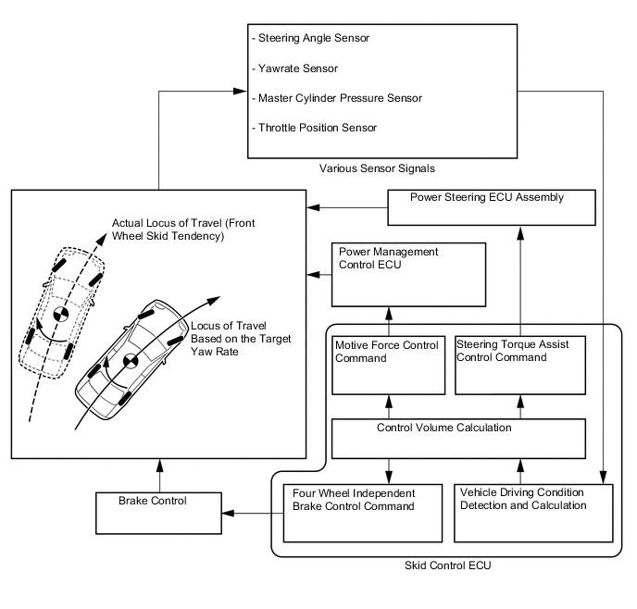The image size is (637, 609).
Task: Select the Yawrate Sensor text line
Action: pyautogui.click(x=294, y=68)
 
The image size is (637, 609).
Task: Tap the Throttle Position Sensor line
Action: pyautogui.click(x=314, y=127)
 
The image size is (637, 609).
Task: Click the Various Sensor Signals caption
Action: pyautogui.click(x=377, y=168)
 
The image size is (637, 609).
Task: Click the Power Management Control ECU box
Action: pyautogui.click(x=408, y=274)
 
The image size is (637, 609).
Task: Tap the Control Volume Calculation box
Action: pyautogui.click(x=458, y=438)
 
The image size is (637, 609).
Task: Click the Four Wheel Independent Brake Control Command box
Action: pyautogui.click(x=355, y=512)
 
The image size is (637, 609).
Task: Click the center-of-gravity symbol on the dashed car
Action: pyautogui.click(x=60, y=314)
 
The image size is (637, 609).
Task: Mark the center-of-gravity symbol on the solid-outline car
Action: pyautogui.click(x=130, y=360)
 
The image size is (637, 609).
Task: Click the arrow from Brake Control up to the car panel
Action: pyautogui.click(x=159, y=476)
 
